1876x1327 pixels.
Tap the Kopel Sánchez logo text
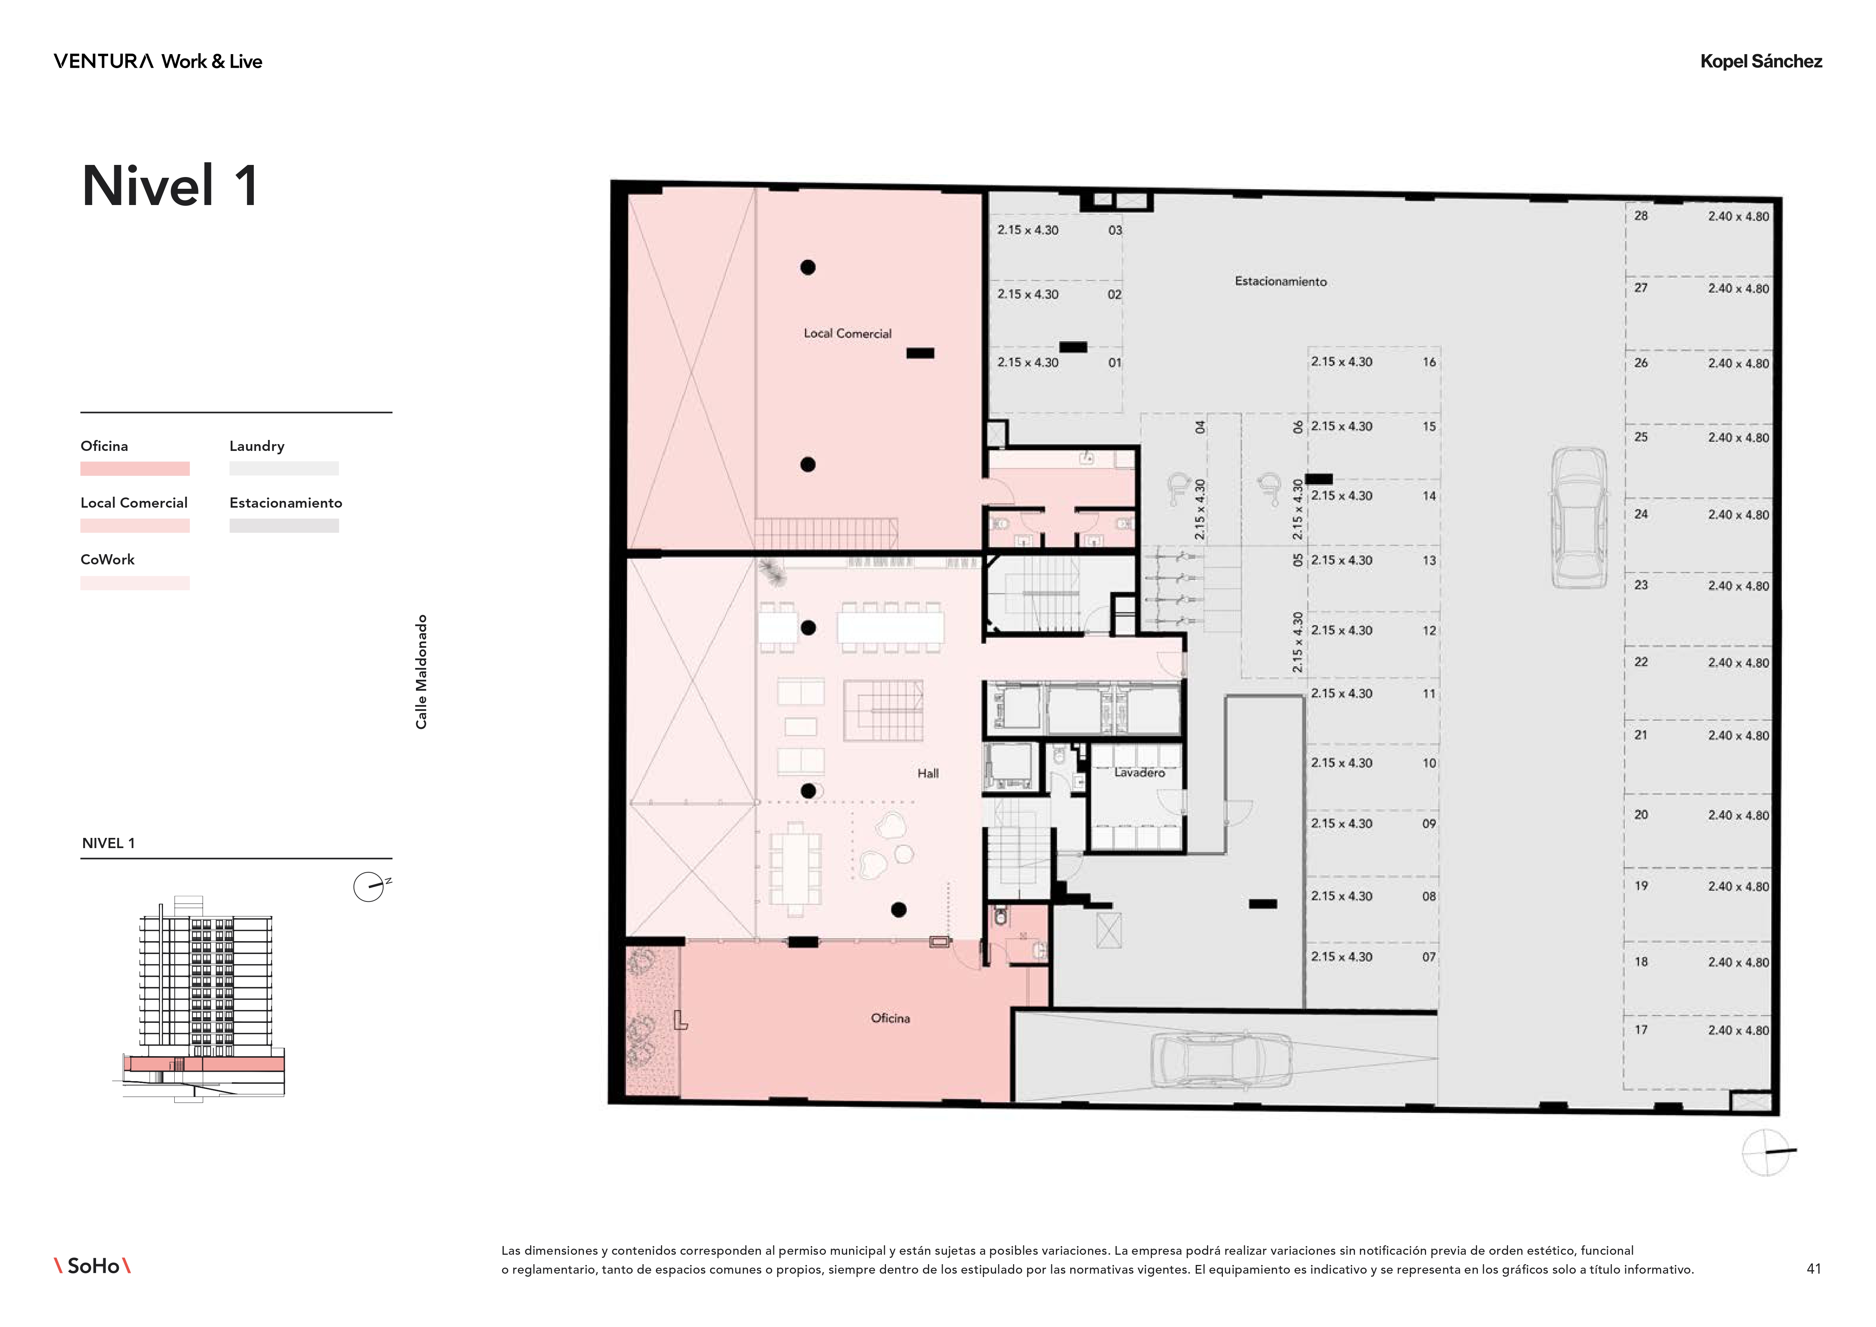[1761, 61]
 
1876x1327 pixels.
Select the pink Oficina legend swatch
[135, 469]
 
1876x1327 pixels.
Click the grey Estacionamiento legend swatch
[284, 525]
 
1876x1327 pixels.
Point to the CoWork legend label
[107, 560]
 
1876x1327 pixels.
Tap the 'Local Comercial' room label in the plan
[847, 333]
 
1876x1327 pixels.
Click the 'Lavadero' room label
[1139, 772]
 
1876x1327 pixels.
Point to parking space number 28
[1641, 216]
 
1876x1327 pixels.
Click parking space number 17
[1641, 1030]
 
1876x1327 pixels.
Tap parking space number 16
[1429, 362]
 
